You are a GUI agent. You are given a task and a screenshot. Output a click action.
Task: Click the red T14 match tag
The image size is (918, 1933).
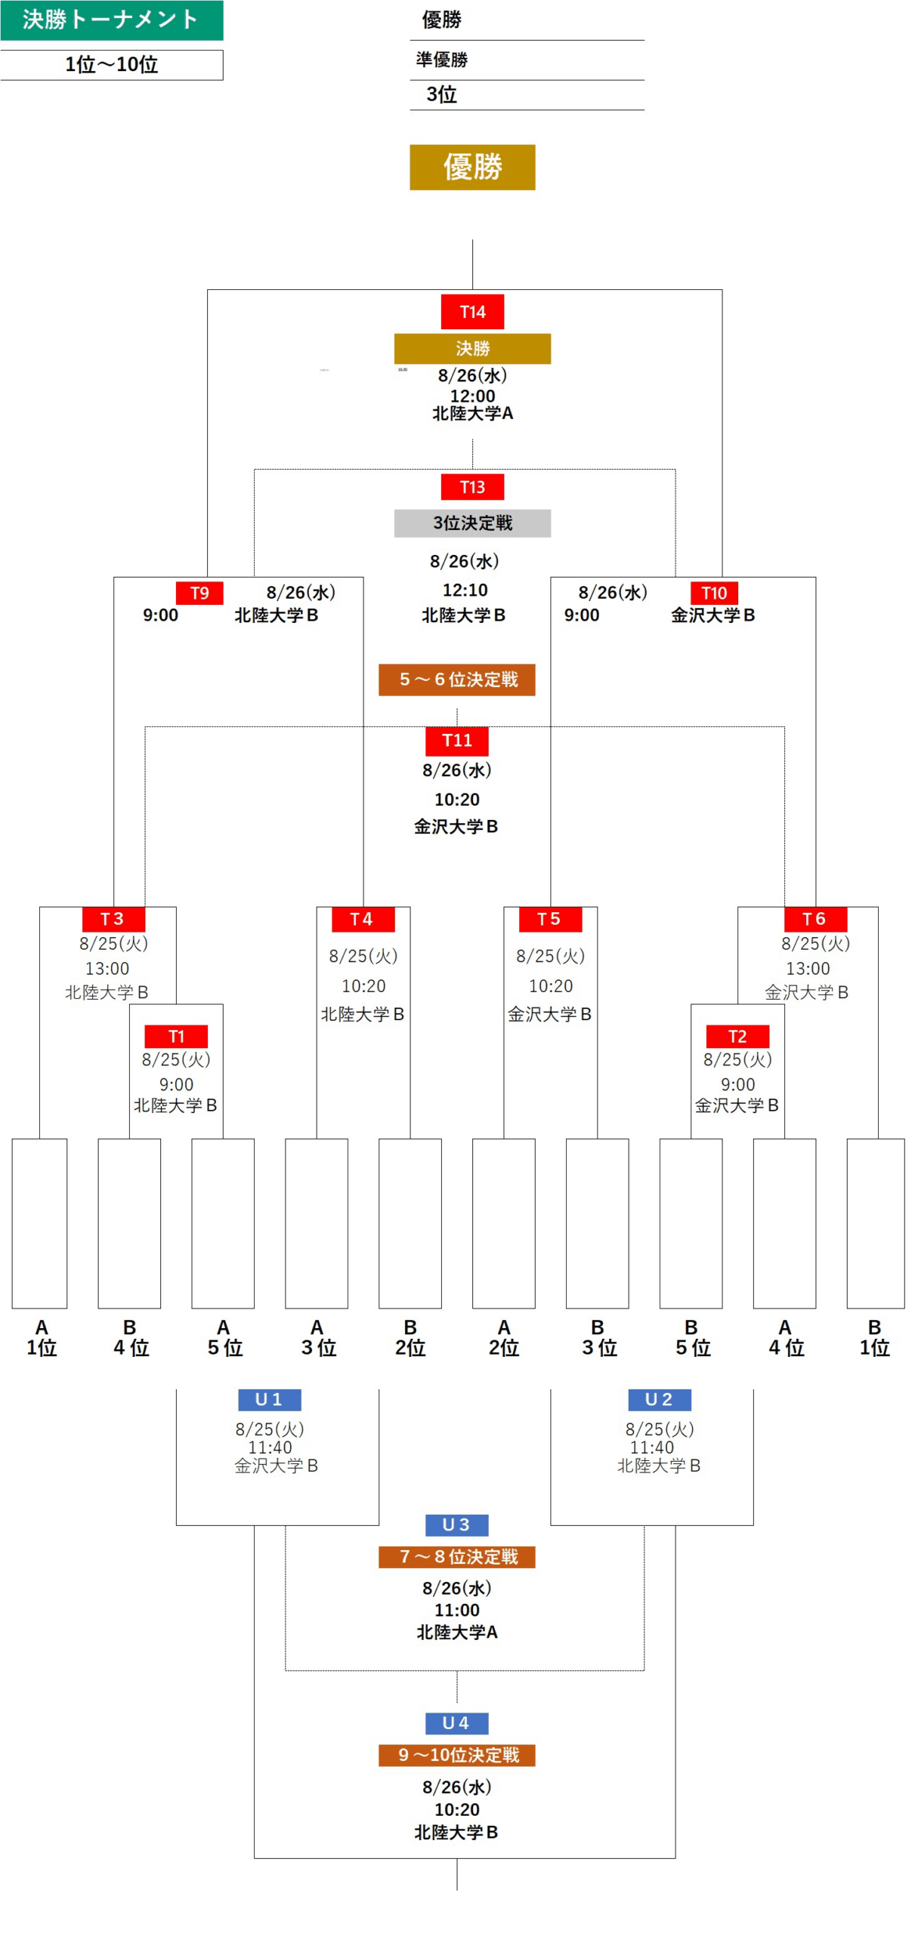471,310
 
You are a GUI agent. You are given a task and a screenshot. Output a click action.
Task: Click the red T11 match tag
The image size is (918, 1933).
456,739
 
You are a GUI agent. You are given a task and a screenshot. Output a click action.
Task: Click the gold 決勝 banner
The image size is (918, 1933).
471,347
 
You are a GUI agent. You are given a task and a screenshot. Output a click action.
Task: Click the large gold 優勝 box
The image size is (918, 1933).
471,166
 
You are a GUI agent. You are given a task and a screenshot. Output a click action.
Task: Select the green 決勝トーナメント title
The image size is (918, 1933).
111,20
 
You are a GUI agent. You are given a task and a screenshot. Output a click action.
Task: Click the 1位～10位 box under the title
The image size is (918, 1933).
111,64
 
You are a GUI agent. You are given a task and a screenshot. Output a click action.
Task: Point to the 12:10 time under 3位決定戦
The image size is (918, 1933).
464,589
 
